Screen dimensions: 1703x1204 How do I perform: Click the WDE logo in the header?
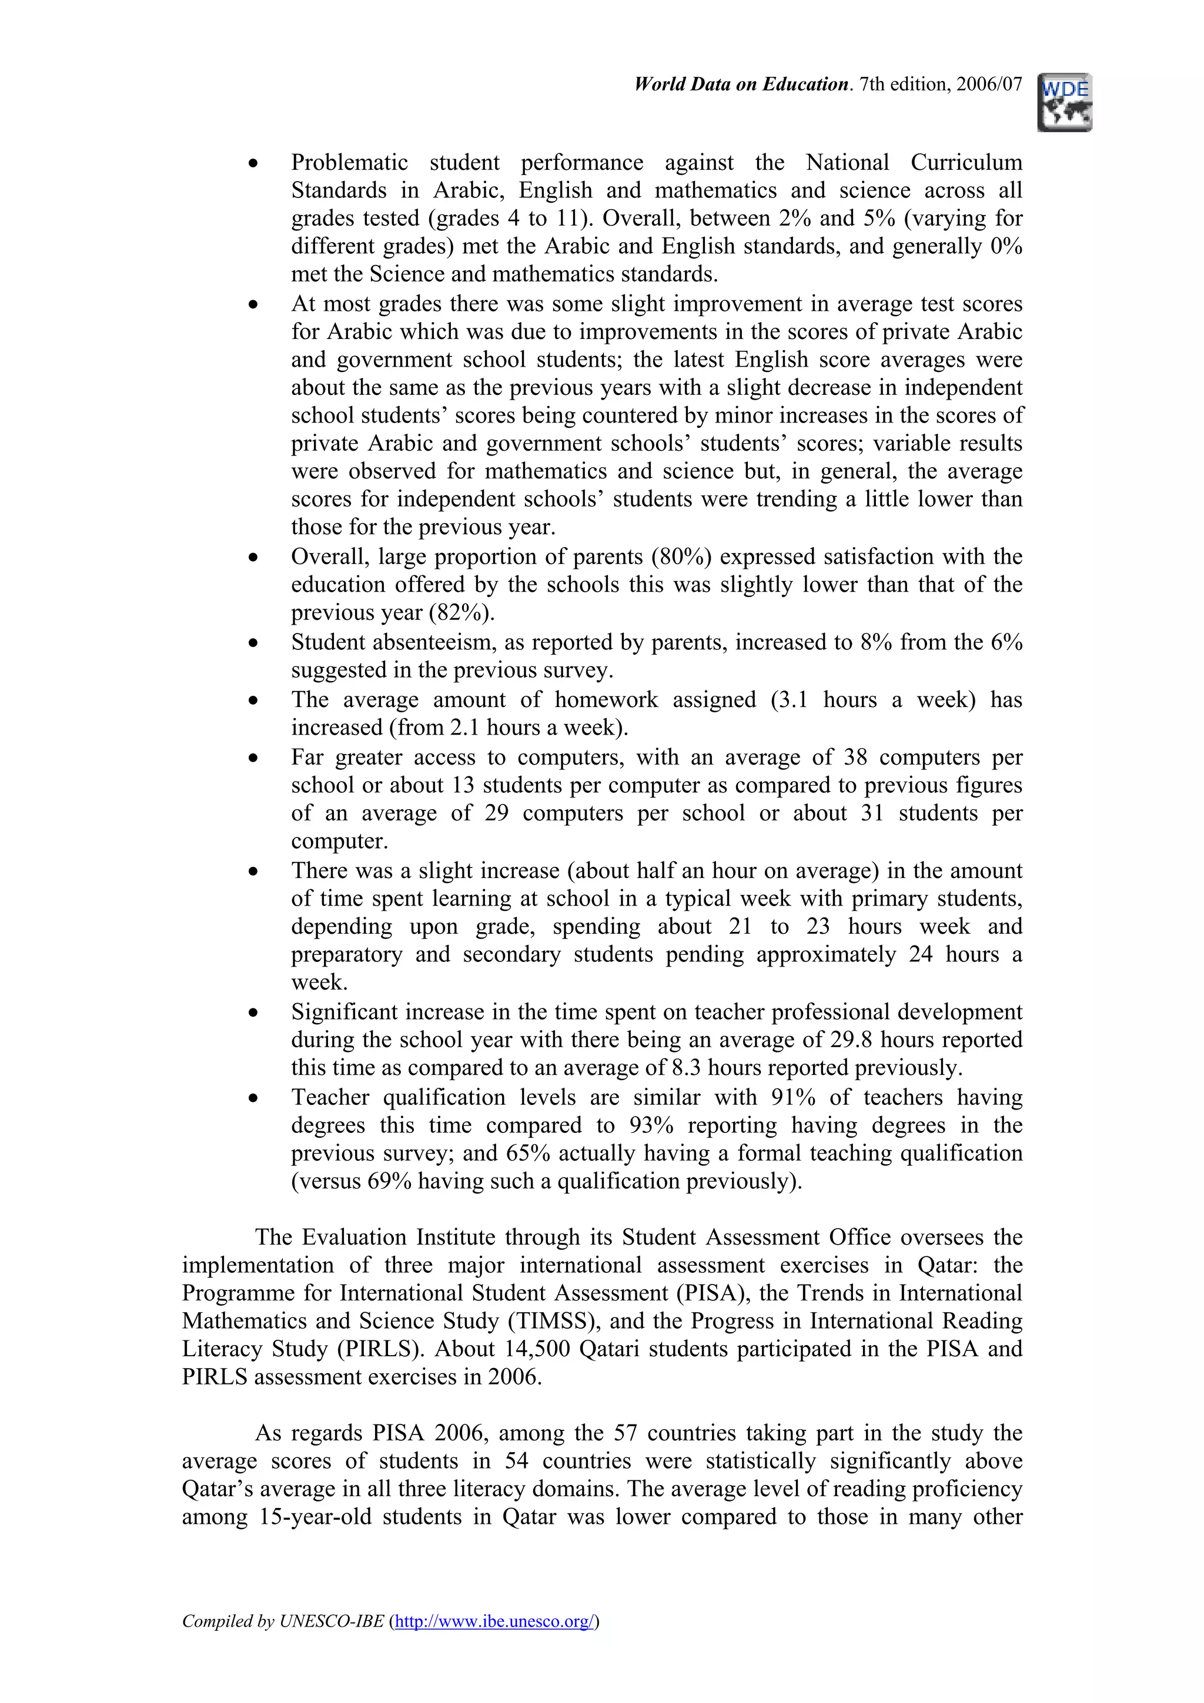pyautogui.click(x=1065, y=102)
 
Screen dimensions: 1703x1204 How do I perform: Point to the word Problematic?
pyautogui.click(x=349, y=162)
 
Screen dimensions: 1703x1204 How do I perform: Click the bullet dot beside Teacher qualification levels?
pyautogui.click(x=254, y=1098)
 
